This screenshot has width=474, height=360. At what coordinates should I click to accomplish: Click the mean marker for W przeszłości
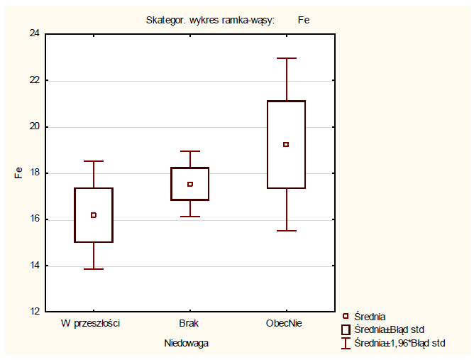pyautogui.click(x=94, y=215)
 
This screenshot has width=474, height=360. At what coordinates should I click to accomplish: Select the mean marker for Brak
pyautogui.click(x=190, y=184)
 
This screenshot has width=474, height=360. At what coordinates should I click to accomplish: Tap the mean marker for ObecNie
pyautogui.click(x=286, y=144)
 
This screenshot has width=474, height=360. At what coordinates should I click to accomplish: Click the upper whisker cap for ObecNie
pyautogui.click(x=286, y=58)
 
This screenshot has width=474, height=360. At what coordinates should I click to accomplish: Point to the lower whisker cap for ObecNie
pyautogui.click(x=286, y=231)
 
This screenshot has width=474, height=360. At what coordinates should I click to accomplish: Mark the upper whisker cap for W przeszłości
pyautogui.click(x=94, y=161)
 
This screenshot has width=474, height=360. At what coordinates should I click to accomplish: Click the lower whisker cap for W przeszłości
pyautogui.click(x=94, y=269)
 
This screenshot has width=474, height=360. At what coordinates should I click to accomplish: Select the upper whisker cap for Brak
pyautogui.click(x=190, y=151)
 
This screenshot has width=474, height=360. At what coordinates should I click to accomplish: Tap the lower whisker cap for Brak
pyautogui.click(x=190, y=217)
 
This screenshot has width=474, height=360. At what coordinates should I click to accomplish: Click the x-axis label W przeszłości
pyautogui.click(x=90, y=323)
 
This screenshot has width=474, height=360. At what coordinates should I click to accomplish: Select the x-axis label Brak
pyautogui.click(x=189, y=323)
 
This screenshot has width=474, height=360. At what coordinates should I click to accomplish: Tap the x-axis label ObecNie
pyautogui.click(x=285, y=323)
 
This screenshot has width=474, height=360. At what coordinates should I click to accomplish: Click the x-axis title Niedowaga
pyautogui.click(x=186, y=343)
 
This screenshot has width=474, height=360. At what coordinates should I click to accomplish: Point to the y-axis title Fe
pyautogui.click(x=19, y=173)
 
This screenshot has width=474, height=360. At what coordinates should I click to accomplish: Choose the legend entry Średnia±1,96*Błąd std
pyautogui.click(x=399, y=343)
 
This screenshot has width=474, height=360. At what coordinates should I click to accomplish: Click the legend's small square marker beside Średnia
pyautogui.click(x=346, y=317)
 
